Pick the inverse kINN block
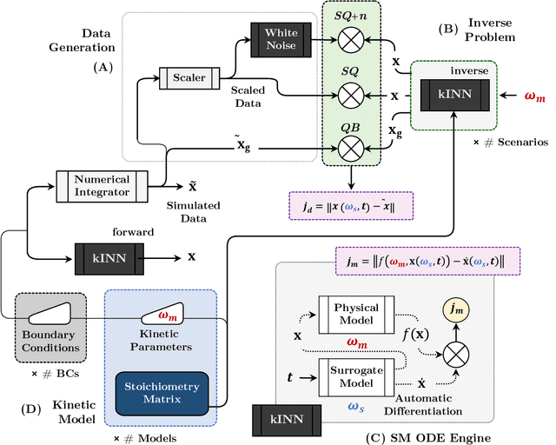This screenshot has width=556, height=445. tap(454, 93)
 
